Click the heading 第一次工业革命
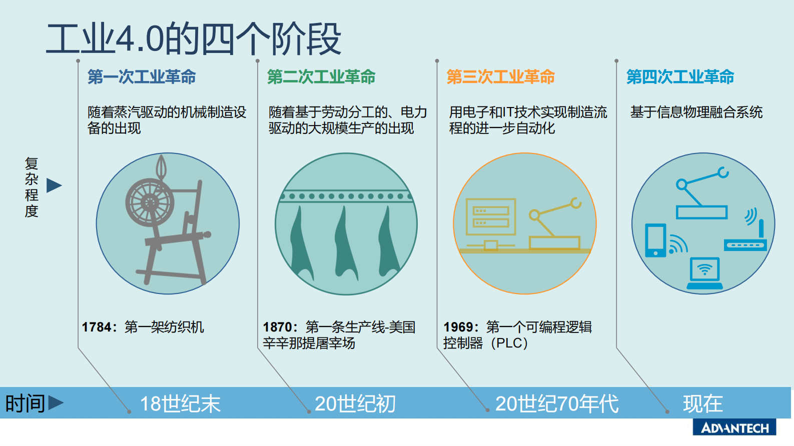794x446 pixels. [142, 77]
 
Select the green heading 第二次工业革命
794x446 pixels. [321, 77]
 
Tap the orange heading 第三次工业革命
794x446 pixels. [501, 77]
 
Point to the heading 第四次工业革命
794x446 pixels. [680, 77]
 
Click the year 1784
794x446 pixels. [97, 327]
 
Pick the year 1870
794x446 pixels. [278, 327]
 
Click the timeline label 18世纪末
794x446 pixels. [180, 404]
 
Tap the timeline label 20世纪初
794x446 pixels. [355, 404]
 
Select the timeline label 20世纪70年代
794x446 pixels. [557, 404]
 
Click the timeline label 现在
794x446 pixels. [703, 404]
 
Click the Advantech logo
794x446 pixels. [734, 428]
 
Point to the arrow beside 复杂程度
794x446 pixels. [54, 185]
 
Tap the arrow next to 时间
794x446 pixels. [56, 402]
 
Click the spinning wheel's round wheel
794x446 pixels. [150, 202]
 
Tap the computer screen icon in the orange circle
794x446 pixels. [490, 216]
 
